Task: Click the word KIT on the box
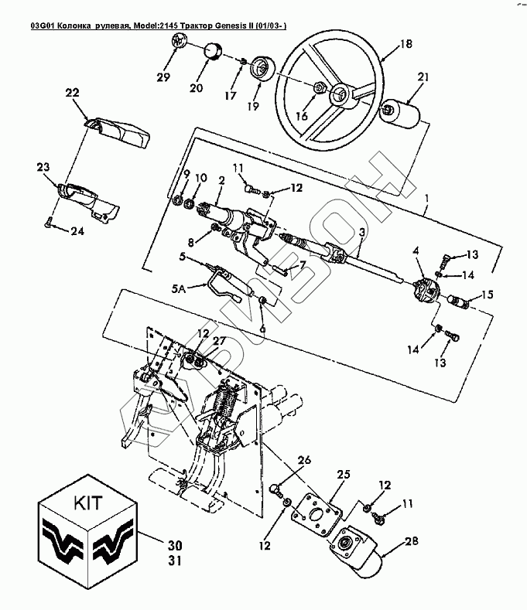pos(87,503)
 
